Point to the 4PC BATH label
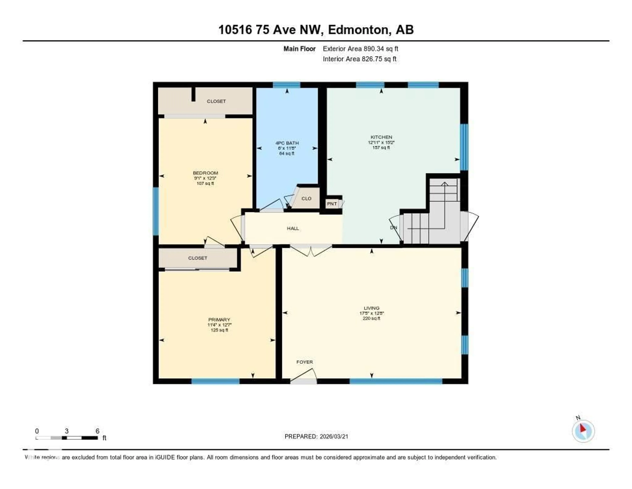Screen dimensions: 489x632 [x=287, y=143]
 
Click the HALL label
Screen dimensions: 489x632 [x=293, y=228]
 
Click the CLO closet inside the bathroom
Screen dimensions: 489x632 [x=306, y=199]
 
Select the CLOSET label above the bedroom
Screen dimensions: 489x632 [x=216, y=101]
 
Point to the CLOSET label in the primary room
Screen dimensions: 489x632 [x=198, y=258]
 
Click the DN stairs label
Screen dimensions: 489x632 [x=394, y=228]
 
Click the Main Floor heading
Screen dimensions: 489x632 [x=299, y=49]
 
